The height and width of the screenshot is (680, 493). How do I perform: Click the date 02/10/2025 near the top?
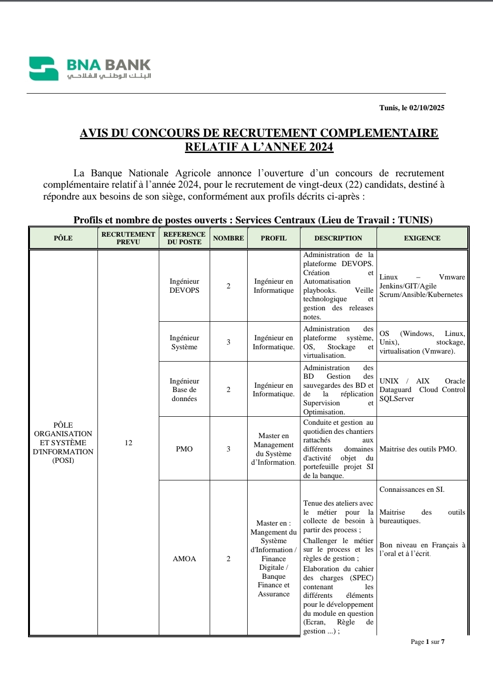[x=426, y=108]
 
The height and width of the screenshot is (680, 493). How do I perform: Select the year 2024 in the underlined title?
[x=321, y=147]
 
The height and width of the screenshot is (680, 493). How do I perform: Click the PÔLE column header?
[x=63, y=238]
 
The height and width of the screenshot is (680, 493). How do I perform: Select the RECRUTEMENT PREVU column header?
[x=128, y=238]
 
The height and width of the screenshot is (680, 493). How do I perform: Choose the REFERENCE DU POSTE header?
[x=184, y=238]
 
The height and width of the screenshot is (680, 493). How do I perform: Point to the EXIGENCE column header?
[x=422, y=238]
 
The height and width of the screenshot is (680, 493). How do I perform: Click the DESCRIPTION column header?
[x=338, y=238]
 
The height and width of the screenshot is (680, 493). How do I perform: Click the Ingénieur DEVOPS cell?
[x=184, y=286]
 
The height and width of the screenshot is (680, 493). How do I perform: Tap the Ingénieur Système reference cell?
[x=184, y=342]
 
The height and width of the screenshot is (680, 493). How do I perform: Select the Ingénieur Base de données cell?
[x=184, y=390]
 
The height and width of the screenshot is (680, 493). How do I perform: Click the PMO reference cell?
[x=184, y=449]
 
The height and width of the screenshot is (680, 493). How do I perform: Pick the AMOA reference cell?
[x=184, y=559]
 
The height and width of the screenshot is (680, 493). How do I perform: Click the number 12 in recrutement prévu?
[x=128, y=443]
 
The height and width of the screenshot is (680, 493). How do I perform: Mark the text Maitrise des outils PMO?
[x=418, y=449]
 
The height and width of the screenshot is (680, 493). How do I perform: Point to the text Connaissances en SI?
[x=412, y=489]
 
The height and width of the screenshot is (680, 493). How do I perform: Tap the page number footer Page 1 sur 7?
[x=427, y=642]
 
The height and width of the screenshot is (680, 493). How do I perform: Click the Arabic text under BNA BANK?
[x=109, y=76]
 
